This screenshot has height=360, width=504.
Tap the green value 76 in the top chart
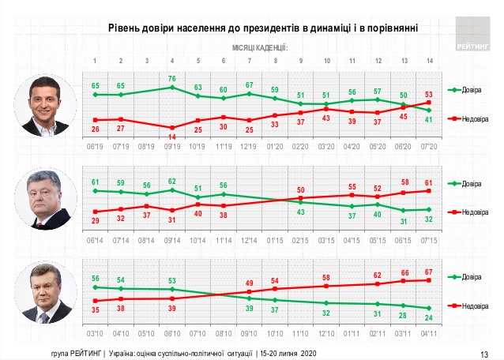pyautogui.click(x=172, y=78)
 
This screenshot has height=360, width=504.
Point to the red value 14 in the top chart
pyautogui.click(x=172, y=137)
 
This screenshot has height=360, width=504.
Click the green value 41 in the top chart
pyautogui.click(x=429, y=120)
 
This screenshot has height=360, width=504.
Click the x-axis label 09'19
pyautogui.click(x=172, y=147)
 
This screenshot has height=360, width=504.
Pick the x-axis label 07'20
pyautogui.click(x=429, y=147)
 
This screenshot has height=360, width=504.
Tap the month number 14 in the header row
pyautogui.click(x=429, y=61)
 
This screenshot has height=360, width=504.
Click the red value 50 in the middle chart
pyautogui.click(x=301, y=190)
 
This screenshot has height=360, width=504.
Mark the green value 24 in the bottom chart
pyautogui.click(x=429, y=317)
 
